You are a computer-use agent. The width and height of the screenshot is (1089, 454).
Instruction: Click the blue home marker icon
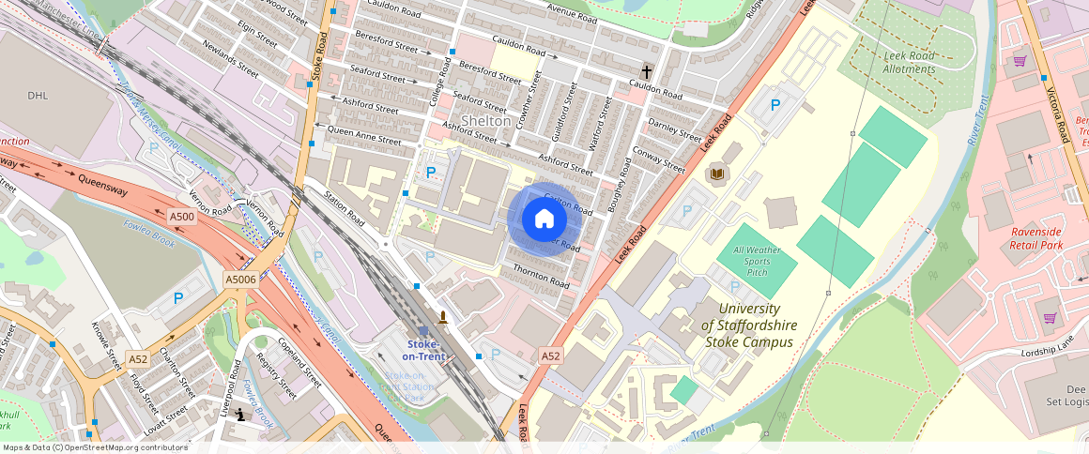(x=544, y=219)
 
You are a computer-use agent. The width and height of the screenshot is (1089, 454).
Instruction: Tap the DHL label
(x=38, y=96)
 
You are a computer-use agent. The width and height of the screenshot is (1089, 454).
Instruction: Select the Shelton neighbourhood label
(x=485, y=121)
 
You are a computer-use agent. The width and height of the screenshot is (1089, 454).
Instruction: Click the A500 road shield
(x=181, y=217)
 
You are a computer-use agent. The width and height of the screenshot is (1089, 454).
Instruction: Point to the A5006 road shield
(x=240, y=279)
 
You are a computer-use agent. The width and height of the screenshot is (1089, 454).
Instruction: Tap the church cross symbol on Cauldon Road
(x=646, y=71)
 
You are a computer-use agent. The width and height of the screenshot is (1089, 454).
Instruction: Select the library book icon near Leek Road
(x=717, y=174)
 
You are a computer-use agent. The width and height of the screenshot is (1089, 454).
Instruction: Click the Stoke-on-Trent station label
(x=423, y=350)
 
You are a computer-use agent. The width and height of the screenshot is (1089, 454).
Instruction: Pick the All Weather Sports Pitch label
(x=757, y=261)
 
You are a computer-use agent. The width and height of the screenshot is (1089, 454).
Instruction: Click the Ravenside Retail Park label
(x=1050, y=238)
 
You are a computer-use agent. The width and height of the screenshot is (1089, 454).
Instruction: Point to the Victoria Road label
(x=1058, y=113)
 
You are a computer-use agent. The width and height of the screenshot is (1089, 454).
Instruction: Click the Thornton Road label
(x=541, y=276)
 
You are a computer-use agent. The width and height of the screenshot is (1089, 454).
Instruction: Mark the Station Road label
(x=344, y=208)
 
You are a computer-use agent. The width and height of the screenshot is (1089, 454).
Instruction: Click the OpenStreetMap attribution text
(x=95, y=447)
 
